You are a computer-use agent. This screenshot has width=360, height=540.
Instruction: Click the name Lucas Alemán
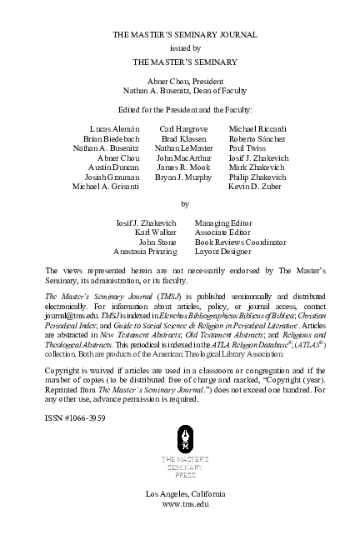(x=113, y=129)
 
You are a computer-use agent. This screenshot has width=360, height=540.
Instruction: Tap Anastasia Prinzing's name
(x=145, y=251)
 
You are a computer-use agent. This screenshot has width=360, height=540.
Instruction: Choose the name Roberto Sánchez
(x=257, y=138)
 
